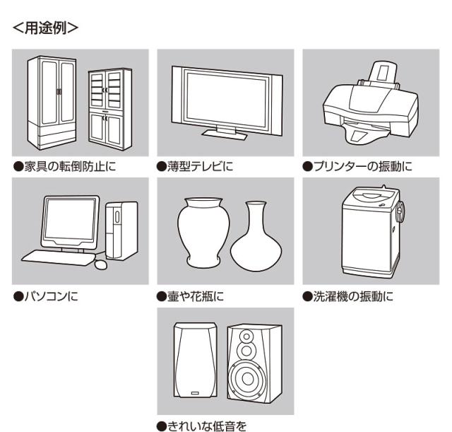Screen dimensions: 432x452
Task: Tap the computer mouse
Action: pos(100,263)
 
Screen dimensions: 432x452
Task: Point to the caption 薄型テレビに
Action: pos(198,168)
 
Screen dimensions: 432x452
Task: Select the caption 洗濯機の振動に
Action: pos(347,296)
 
